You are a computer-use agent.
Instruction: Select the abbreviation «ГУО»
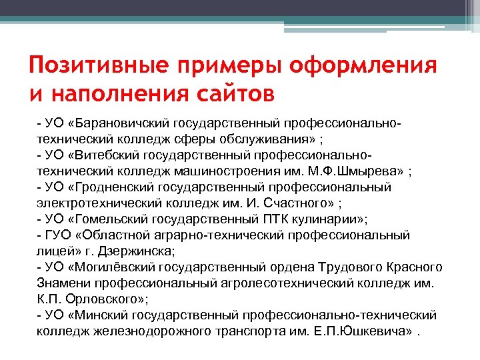(x=57, y=235)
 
